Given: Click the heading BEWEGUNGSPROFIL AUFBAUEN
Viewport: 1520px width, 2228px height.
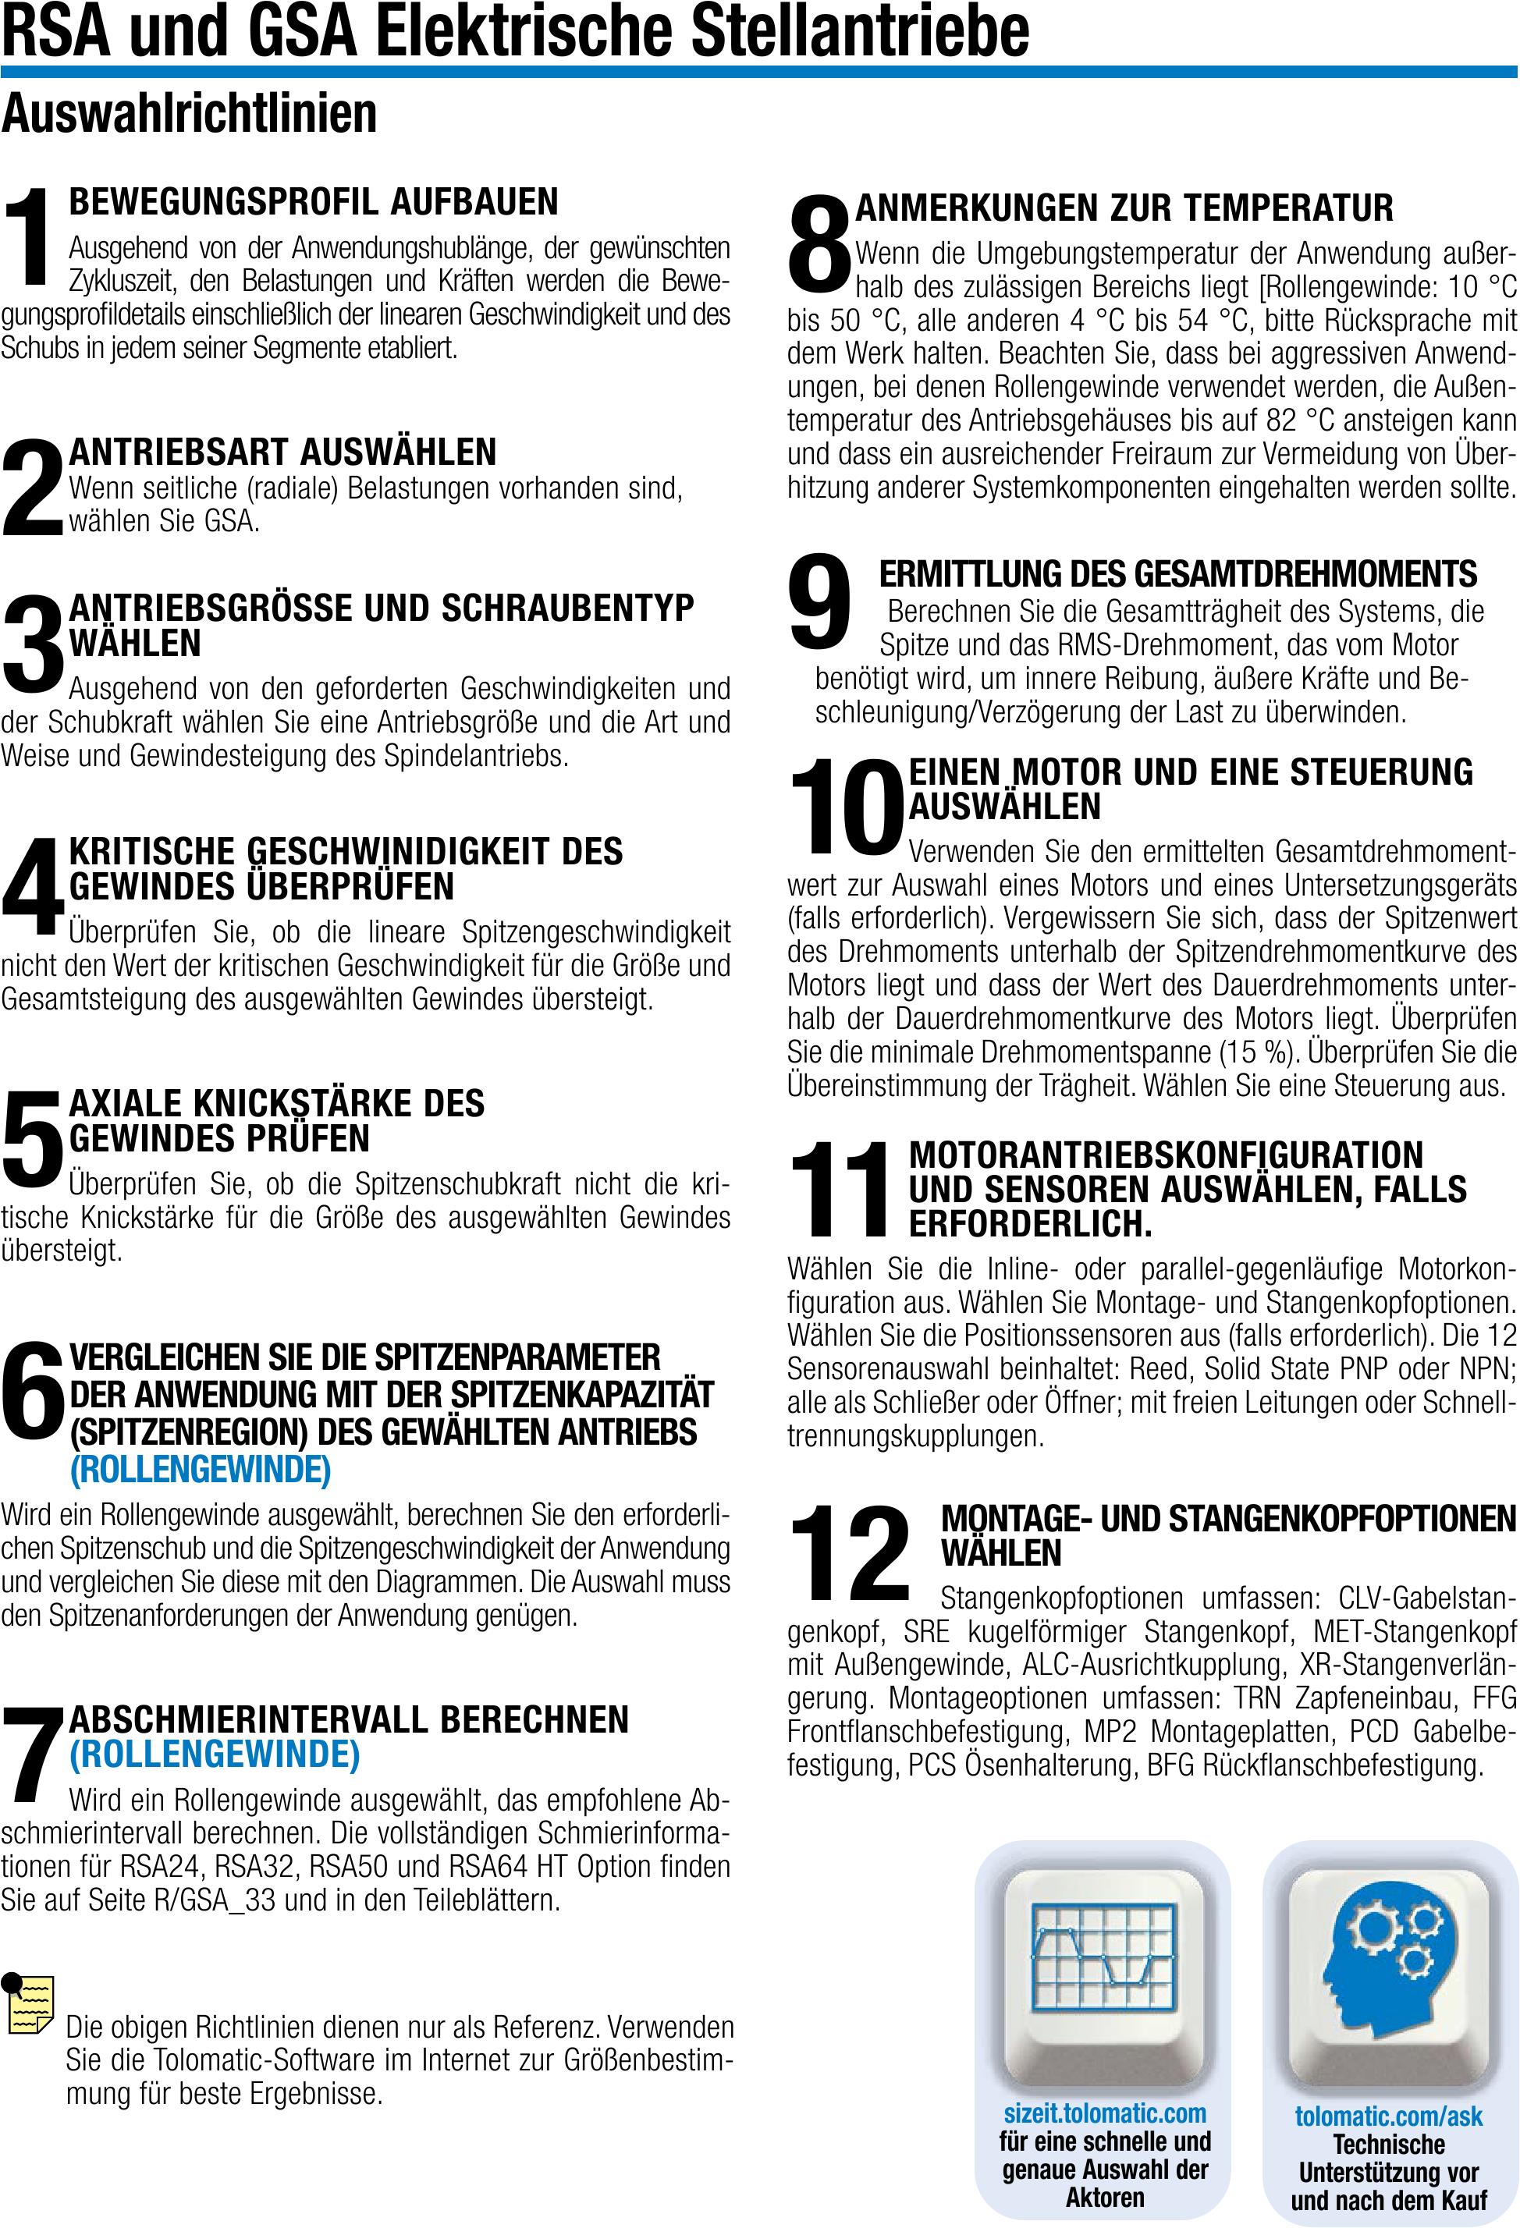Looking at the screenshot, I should pyautogui.click(x=313, y=201).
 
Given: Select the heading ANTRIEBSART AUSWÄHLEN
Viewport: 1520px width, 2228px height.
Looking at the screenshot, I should pyautogui.click(x=283, y=452).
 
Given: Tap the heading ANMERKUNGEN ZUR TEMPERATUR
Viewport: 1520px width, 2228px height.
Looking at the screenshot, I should pyautogui.click(x=1124, y=208).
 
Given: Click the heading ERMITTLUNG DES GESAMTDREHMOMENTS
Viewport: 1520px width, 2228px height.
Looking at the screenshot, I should pyautogui.click(x=1177, y=573).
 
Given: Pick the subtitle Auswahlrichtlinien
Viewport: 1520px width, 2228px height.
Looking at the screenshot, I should pyautogui.click(x=189, y=114).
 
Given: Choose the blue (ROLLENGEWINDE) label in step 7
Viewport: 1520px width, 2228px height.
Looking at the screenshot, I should pyautogui.click(x=215, y=1754).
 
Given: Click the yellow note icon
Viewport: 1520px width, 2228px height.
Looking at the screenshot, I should pyautogui.click(x=29, y=2003).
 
